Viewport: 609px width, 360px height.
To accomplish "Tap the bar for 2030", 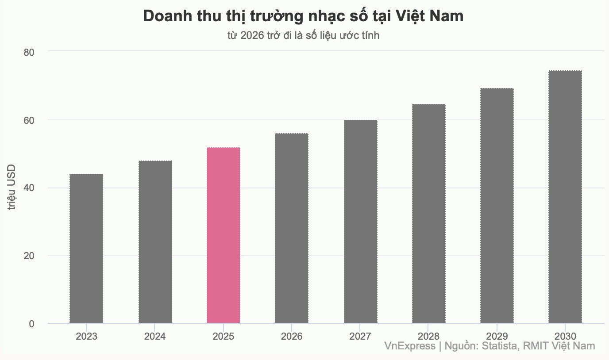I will pyautogui.click(x=565, y=197).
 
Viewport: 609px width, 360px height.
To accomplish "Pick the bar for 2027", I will pyautogui.click(x=361, y=222).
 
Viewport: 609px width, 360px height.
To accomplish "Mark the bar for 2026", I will pyautogui.click(x=292, y=228).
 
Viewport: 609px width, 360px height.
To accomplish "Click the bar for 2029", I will pyautogui.click(x=497, y=206).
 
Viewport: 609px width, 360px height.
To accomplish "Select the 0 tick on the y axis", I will pyautogui.click(x=31, y=324).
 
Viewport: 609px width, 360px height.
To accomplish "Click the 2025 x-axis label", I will pyautogui.click(x=224, y=336).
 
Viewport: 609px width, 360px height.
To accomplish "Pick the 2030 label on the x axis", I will pyautogui.click(x=565, y=336).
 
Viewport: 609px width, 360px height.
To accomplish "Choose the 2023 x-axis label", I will pyautogui.click(x=86, y=336).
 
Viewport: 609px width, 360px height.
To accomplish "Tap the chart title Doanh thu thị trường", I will pyautogui.click(x=304, y=16).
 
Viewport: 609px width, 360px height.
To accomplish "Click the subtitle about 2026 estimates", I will pyautogui.click(x=304, y=35).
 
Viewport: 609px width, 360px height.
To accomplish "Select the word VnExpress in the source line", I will pyautogui.click(x=409, y=346).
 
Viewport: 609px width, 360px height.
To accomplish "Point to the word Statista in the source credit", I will pyautogui.click(x=499, y=346).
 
